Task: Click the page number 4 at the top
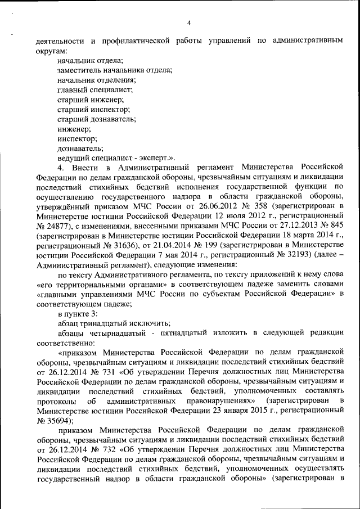point(189,23)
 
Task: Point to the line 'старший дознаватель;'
point(97,119)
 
